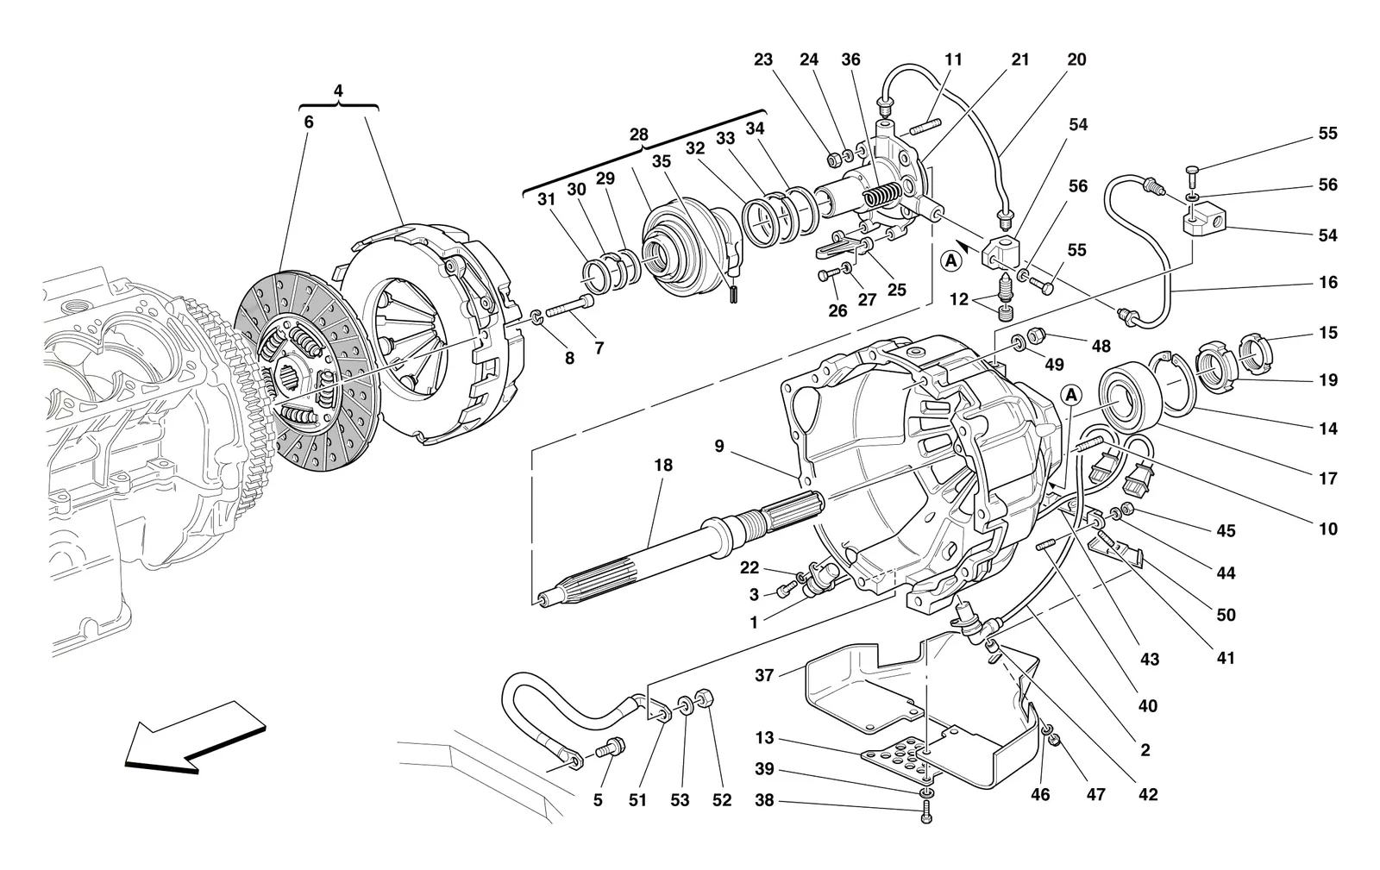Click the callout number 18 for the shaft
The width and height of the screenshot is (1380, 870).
(x=663, y=465)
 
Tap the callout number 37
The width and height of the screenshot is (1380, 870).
(x=764, y=675)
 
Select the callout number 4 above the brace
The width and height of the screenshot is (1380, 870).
(x=338, y=91)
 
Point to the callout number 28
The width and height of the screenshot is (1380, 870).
(x=639, y=135)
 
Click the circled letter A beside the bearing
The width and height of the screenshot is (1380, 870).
(x=1071, y=394)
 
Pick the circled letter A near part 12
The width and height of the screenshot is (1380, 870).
(x=951, y=261)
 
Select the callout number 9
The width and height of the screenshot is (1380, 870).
(x=719, y=446)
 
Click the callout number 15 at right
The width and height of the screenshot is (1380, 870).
(x=1328, y=333)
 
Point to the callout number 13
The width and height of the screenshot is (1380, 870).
(x=764, y=737)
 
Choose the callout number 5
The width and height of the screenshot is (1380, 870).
(x=598, y=800)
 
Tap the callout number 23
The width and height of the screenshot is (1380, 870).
(x=763, y=59)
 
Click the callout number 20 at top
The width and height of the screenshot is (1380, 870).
(x=1077, y=59)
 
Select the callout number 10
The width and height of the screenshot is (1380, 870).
(x=1328, y=529)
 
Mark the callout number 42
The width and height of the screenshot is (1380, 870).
(x=1148, y=794)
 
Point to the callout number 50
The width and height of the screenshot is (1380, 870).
(x=1226, y=615)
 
